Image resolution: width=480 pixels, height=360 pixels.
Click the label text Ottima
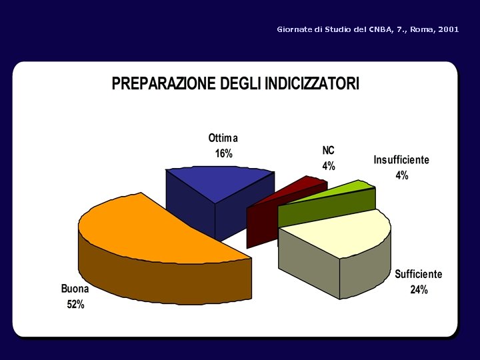[223, 139]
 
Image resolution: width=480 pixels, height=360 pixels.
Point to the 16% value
[223, 154]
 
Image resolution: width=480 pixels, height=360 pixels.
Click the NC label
[329, 151]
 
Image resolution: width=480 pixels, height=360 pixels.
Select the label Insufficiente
[401, 160]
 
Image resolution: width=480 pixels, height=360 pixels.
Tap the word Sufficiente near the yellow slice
[418, 274]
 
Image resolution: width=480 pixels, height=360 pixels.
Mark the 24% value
[419, 290]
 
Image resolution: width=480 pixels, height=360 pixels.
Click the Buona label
[75, 289]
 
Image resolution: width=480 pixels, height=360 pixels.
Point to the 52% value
[75, 305]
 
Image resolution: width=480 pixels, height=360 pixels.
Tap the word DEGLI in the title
[241, 83]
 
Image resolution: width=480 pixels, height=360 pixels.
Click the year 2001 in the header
[449, 30]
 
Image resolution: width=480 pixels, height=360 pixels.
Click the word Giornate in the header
[294, 30]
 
